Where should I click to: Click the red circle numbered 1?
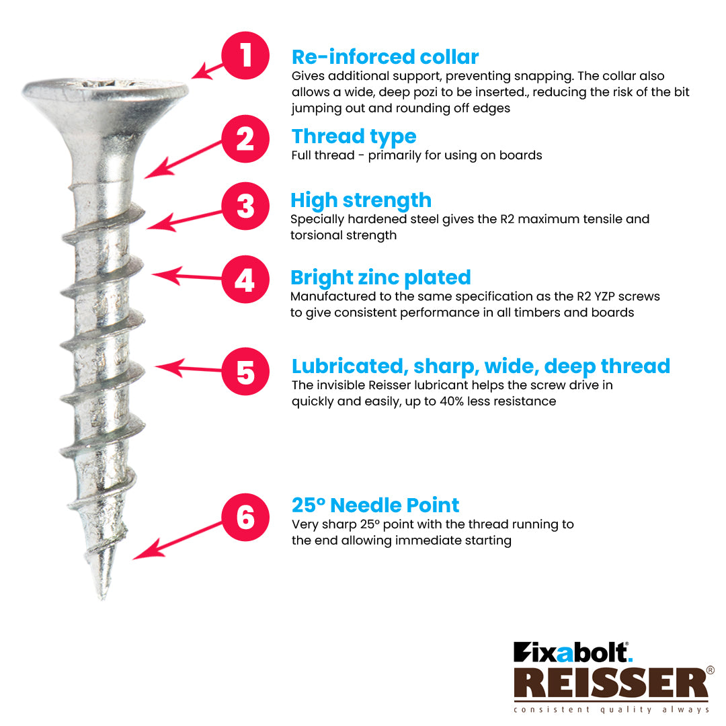pos(246,55)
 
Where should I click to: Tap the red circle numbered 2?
pos(245,139)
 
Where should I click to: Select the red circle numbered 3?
pos(245,206)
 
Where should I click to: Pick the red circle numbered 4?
pos(245,280)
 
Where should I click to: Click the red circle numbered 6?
pos(245,517)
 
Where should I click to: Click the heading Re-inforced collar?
pos(385,56)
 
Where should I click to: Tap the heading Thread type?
pos(354,136)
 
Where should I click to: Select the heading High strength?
pos(360,200)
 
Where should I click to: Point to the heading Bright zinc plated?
pos(380,278)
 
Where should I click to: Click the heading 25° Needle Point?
pos(375,505)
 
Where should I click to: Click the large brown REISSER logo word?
pos(610,684)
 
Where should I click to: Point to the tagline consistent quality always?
pos(610,710)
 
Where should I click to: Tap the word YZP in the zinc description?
pos(615,296)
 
